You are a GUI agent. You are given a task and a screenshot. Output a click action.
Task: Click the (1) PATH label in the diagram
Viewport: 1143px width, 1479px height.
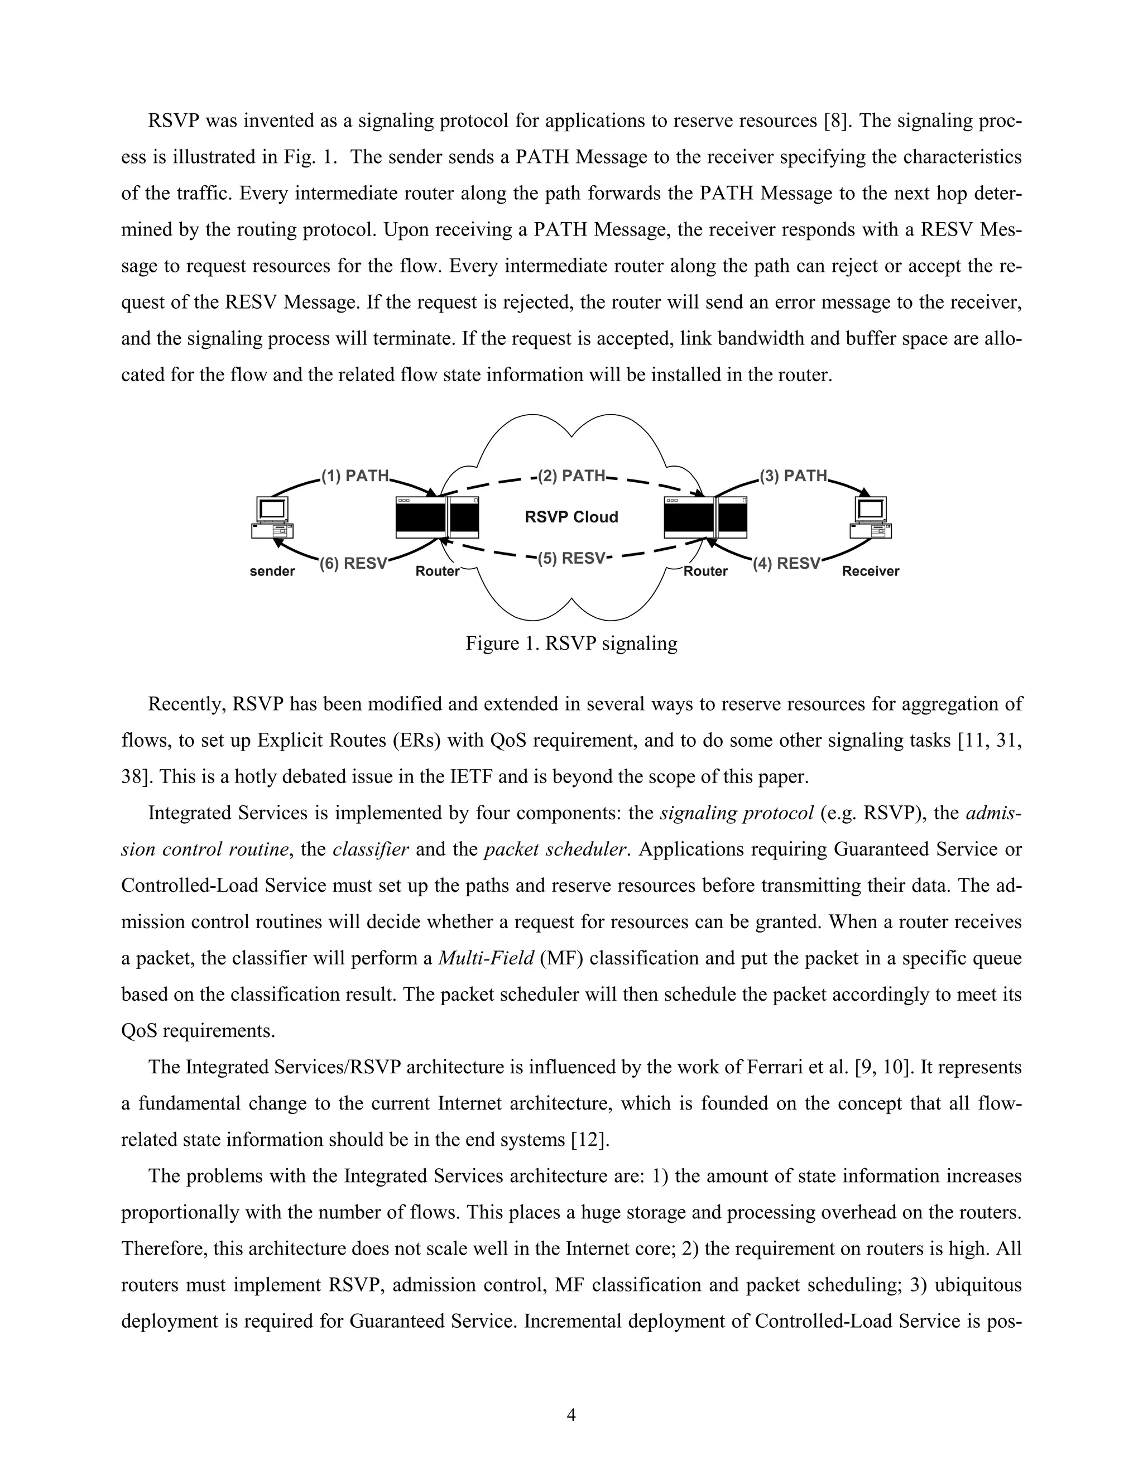click(355, 476)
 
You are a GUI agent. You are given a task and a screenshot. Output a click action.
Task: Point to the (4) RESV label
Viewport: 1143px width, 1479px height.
click(786, 564)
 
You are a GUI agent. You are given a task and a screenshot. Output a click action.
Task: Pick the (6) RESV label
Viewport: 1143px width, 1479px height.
click(353, 564)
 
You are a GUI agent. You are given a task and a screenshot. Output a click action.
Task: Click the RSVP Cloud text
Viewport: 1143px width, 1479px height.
click(571, 517)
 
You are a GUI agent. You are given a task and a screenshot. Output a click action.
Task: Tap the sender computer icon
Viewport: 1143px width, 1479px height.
click(272, 518)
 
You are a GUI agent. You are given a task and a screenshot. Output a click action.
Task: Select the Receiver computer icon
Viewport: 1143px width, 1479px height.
click(871, 518)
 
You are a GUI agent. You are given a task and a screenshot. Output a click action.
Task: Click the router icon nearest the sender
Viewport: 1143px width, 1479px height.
click(438, 517)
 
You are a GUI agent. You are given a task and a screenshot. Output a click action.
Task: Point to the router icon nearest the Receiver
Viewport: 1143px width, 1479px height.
click(705, 517)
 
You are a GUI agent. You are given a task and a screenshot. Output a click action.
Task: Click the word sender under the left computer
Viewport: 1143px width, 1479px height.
click(272, 572)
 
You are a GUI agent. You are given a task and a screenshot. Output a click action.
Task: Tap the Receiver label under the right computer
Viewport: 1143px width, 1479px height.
click(870, 572)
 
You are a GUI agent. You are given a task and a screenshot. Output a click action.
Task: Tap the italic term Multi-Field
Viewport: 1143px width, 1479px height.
click(486, 958)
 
